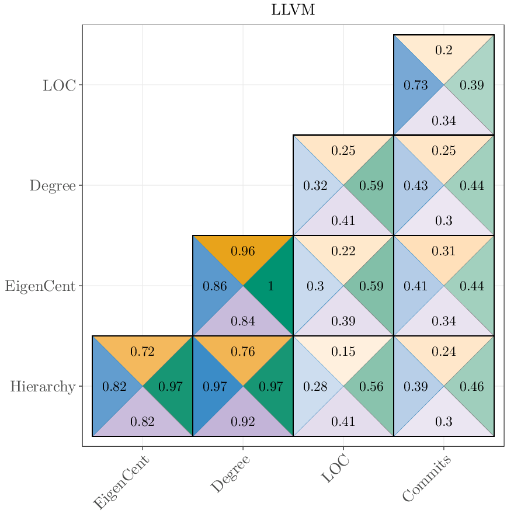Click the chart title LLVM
tap(293, 10)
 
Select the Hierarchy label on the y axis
tap(42, 387)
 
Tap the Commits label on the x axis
tap(427, 479)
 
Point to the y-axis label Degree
tap(53, 186)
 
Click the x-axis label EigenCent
tap(122, 483)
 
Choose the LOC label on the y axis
tap(59, 85)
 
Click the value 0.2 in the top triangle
tap(444, 51)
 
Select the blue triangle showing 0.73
tap(415, 85)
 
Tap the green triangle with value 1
tap(270, 286)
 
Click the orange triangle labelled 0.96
tap(243, 252)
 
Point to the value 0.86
tap(214, 286)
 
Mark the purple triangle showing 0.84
tap(243, 321)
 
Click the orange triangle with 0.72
tap(143, 352)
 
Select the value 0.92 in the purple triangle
tap(243, 422)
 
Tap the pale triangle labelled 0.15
tap(343, 352)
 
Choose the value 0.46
tap(471, 387)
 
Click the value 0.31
tap(444, 252)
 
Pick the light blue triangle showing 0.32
tap(315, 186)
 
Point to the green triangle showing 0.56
tap(371, 387)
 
